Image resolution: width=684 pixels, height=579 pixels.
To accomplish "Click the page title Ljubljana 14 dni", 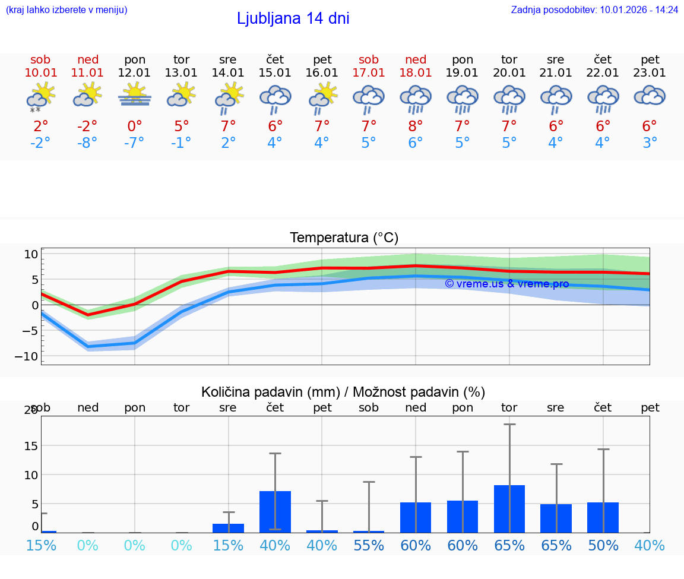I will (293, 18).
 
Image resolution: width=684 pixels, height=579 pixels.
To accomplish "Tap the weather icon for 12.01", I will (135, 96).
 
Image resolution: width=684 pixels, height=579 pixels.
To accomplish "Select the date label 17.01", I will (369, 73).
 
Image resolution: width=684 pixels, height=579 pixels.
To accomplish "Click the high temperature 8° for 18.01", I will (416, 126).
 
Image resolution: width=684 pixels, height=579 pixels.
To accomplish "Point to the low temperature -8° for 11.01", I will (88, 143).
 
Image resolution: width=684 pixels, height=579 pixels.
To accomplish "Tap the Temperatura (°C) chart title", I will (344, 238).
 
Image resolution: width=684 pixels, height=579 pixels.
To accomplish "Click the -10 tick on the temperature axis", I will (31, 356).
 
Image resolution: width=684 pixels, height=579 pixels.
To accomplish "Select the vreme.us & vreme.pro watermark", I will (506, 284).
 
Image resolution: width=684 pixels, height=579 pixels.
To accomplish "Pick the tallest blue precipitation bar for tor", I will (509, 509).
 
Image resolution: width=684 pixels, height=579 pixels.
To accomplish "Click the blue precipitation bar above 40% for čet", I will (275, 511).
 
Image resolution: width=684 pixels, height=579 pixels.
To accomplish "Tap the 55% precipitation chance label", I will (369, 545).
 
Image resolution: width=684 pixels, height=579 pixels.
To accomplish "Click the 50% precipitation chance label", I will (603, 545).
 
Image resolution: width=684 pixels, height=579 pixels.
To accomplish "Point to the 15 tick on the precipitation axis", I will (31, 445).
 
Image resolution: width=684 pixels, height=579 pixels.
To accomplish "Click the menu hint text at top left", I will (66, 10).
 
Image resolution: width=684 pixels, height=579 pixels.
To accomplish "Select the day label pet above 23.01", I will (650, 59).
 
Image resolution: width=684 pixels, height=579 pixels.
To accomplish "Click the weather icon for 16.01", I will (322, 97).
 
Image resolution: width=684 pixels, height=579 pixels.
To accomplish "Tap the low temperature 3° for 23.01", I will (650, 143).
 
